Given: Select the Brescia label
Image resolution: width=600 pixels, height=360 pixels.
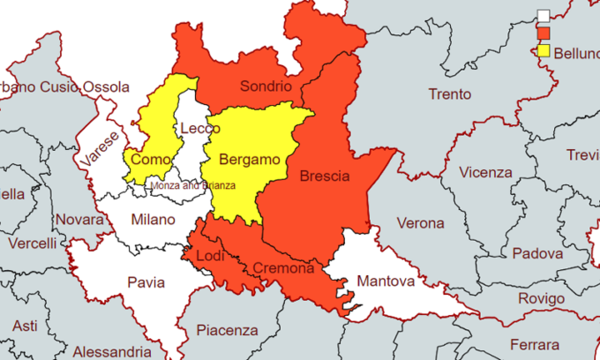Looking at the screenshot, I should click(x=325, y=176).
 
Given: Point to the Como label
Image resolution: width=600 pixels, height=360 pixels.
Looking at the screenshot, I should click(x=148, y=160).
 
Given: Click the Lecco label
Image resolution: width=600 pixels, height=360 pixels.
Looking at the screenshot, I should click(x=199, y=129).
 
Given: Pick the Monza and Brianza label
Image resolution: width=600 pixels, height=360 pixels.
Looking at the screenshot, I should click(x=193, y=186).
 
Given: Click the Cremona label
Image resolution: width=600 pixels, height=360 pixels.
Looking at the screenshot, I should click(x=283, y=268).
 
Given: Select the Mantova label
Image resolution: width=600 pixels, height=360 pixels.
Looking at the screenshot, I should click(x=386, y=282).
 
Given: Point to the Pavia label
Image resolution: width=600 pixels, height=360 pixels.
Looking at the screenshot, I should click(x=146, y=283).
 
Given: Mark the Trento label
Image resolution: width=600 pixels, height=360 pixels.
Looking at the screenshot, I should click(x=449, y=94).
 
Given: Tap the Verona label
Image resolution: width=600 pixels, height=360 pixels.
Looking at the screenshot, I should click(x=420, y=223).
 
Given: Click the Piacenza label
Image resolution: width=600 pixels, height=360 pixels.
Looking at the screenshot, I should click(x=228, y=331).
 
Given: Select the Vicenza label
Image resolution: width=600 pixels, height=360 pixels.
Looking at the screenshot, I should click(x=485, y=172).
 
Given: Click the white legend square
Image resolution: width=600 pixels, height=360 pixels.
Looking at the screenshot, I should click(x=544, y=16).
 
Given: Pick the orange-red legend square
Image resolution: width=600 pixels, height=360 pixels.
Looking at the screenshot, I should click(x=544, y=34).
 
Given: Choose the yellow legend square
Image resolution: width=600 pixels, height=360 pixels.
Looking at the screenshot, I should click(x=544, y=51).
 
